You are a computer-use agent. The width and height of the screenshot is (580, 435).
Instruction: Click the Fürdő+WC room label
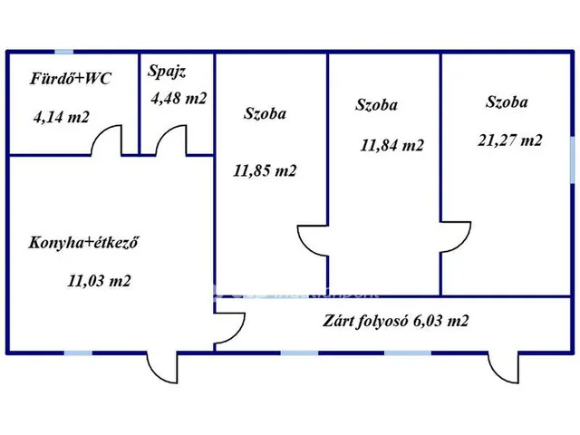[71, 79]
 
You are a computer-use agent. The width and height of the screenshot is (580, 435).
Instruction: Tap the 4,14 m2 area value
[63, 117]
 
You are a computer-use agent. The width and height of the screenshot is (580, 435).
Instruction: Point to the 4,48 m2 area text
[178, 99]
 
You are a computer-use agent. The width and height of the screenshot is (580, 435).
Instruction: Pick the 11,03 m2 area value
[99, 281]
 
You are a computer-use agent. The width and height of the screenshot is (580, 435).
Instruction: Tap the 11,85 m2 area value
[265, 169]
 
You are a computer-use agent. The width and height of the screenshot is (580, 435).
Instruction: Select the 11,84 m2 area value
[391, 144]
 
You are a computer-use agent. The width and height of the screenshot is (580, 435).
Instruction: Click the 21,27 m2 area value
[510, 140]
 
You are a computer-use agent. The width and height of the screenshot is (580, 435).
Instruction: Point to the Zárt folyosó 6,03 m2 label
[395, 321]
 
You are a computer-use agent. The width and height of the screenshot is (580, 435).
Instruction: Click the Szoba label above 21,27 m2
[507, 102]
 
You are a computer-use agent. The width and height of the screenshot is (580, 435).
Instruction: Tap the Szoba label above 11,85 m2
[265, 113]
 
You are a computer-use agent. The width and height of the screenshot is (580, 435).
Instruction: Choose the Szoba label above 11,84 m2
[377, 105]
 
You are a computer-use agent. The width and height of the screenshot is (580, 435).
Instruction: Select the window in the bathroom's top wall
[64, 52]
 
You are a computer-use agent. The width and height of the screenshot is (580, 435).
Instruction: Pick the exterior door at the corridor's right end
[501, 367]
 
